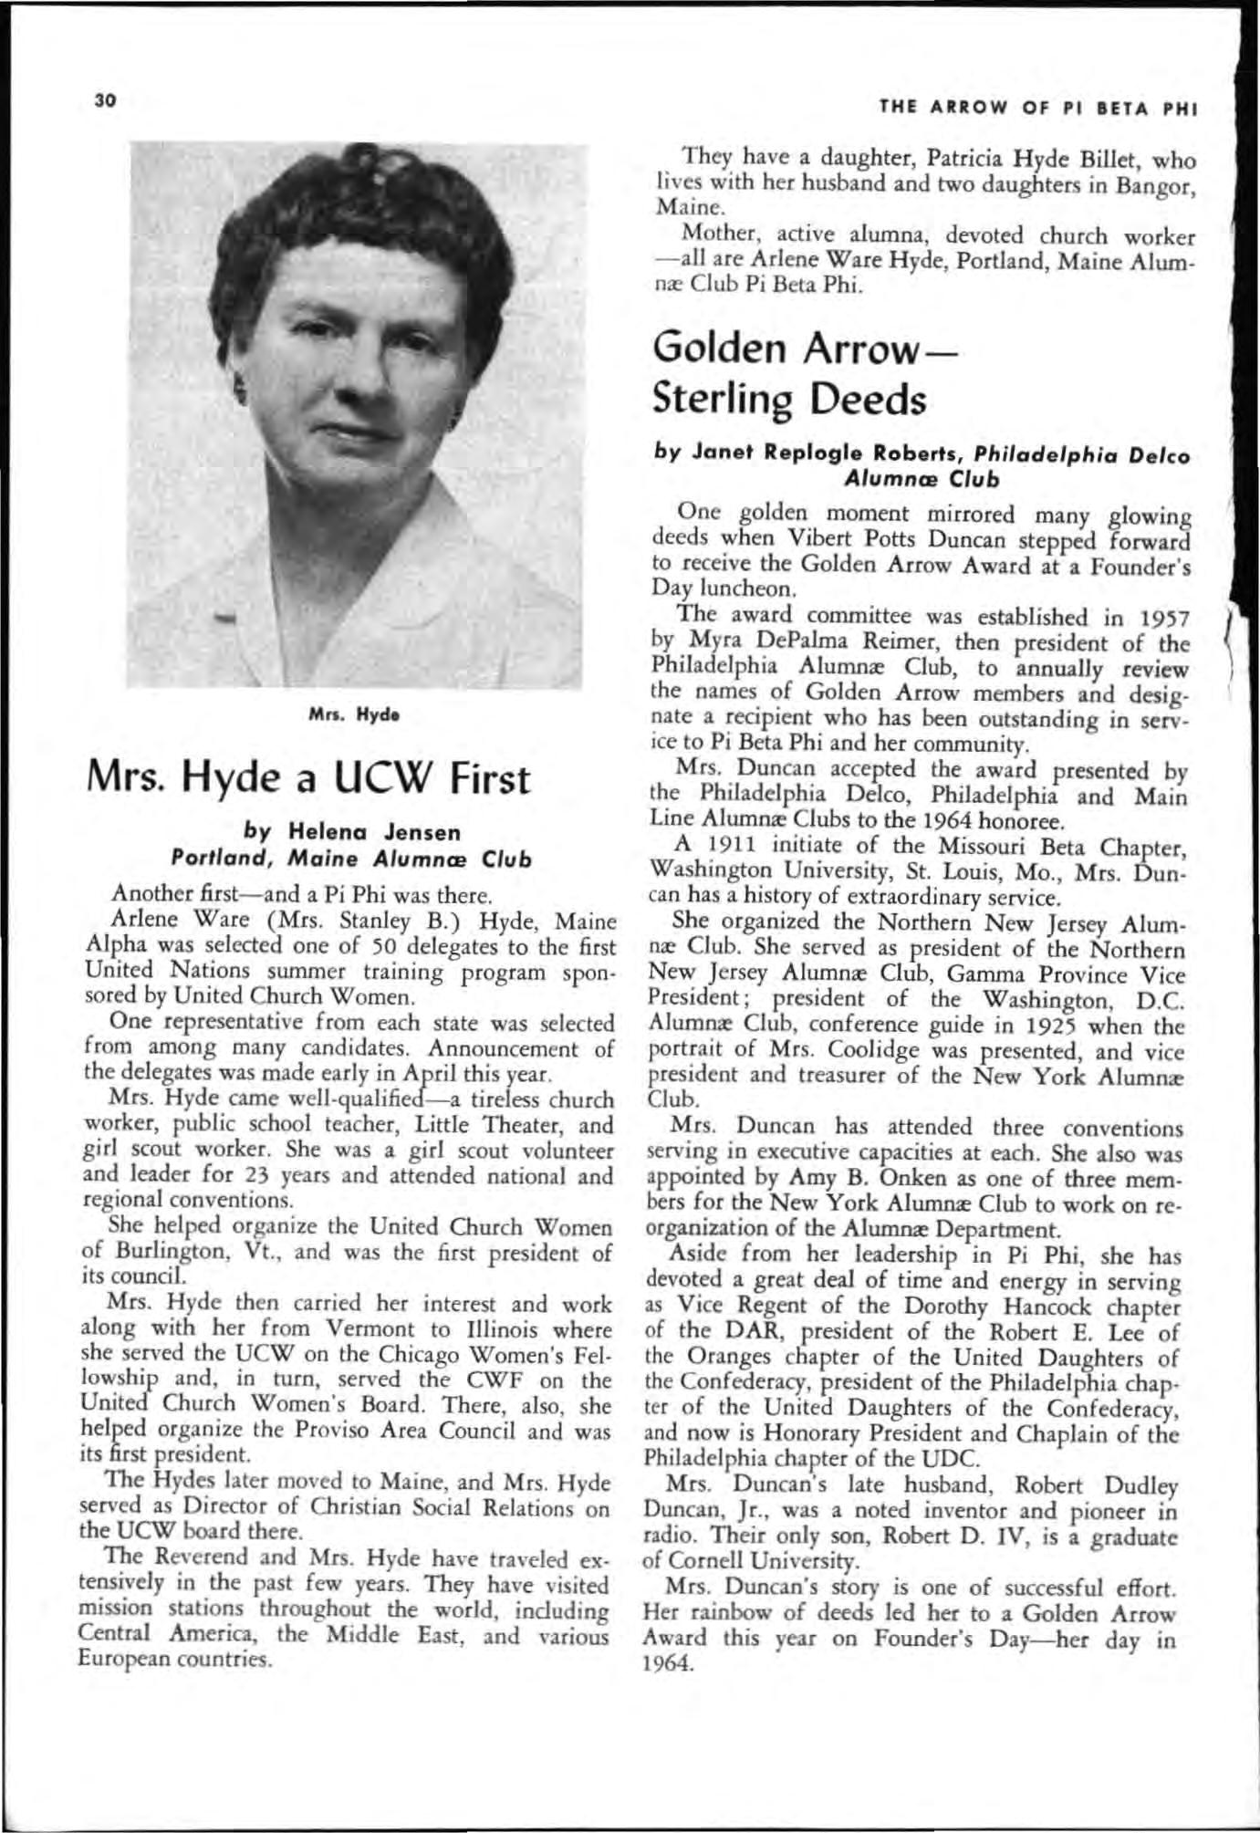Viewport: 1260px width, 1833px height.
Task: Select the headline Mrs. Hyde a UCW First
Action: click(x=307, y=778)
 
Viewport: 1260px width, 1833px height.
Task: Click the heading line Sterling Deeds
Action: click(x=789, y=399)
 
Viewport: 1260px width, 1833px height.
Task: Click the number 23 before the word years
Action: click(x=263, y=1175)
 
